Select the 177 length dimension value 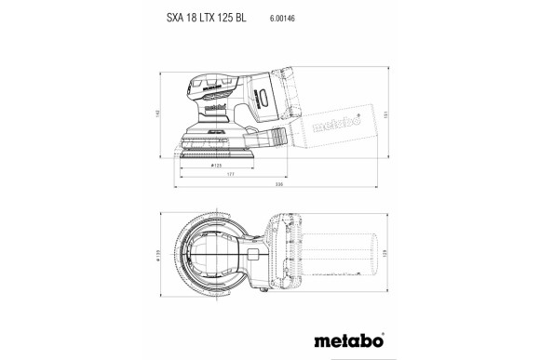pos(229,173)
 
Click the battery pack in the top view pos(290,256)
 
